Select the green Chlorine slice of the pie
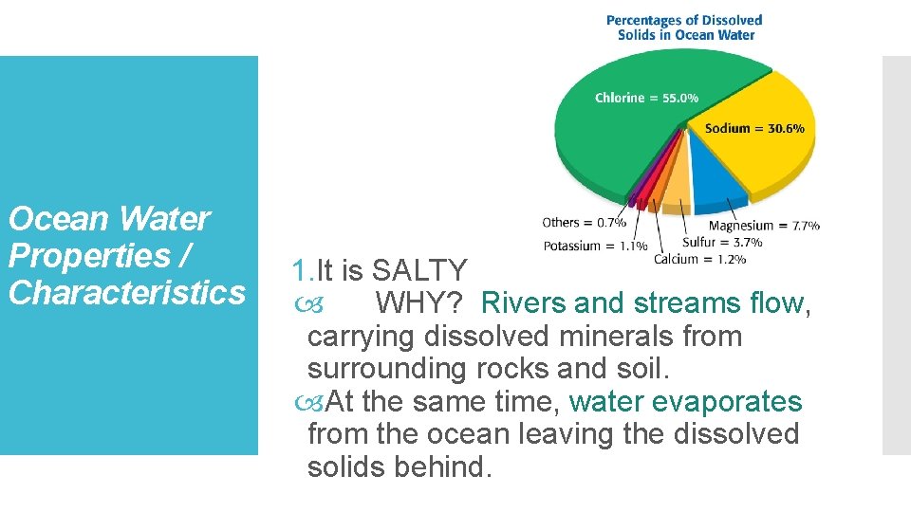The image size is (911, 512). pos(617,142)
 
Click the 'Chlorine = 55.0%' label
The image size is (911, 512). pos(647,98)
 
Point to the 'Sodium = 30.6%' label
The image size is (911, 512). pos(754,128)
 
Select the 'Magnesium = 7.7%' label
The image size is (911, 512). pos(764,226)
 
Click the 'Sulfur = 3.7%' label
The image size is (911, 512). pos(714,243)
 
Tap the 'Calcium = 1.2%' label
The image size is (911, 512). pos(699,259)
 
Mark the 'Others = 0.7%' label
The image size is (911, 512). pos(584,223)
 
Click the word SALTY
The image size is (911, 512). pos(419,271)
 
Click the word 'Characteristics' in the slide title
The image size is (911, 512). pos(126,293)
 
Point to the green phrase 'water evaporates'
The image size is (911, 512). pos(685,402)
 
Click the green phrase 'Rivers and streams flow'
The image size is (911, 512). pos(642,303)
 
